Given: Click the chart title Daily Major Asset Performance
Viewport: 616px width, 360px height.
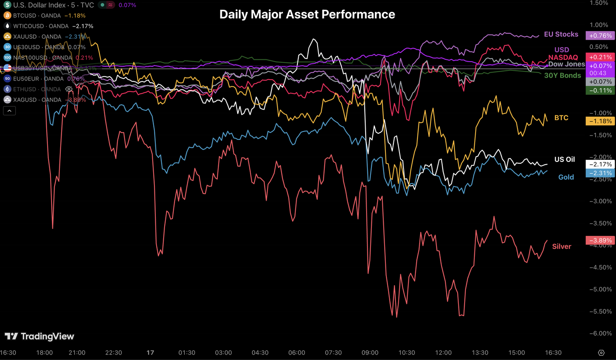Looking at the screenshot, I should click(307, 15).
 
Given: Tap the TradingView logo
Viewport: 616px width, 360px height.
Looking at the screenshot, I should click(40, 336).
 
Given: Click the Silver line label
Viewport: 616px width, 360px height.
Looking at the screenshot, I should click(561, 246).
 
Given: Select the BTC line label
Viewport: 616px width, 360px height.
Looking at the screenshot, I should click(561, 118).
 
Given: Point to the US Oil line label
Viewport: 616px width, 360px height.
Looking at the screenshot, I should click(564, 159).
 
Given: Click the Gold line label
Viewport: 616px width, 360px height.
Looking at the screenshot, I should click(566, 177).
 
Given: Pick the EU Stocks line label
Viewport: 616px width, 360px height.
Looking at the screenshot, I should click(561, 34).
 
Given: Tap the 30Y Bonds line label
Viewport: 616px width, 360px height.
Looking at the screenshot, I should click(562, 75).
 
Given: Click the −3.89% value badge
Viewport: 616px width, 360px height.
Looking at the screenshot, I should click(599, 240).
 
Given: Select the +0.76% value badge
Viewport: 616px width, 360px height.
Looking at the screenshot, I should click(599, 36).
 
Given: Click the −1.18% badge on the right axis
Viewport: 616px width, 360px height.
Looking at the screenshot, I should click(599, 121).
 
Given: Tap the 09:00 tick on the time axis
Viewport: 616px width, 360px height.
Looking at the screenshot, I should click(370, 353).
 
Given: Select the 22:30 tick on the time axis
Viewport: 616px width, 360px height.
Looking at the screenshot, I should click(114, 353).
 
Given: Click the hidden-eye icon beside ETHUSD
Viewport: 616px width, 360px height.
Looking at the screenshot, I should click(69, 89).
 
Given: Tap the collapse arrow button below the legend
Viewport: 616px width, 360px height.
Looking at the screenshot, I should click(9, 111).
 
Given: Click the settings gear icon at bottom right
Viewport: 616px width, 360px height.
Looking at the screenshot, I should click(601, 353).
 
